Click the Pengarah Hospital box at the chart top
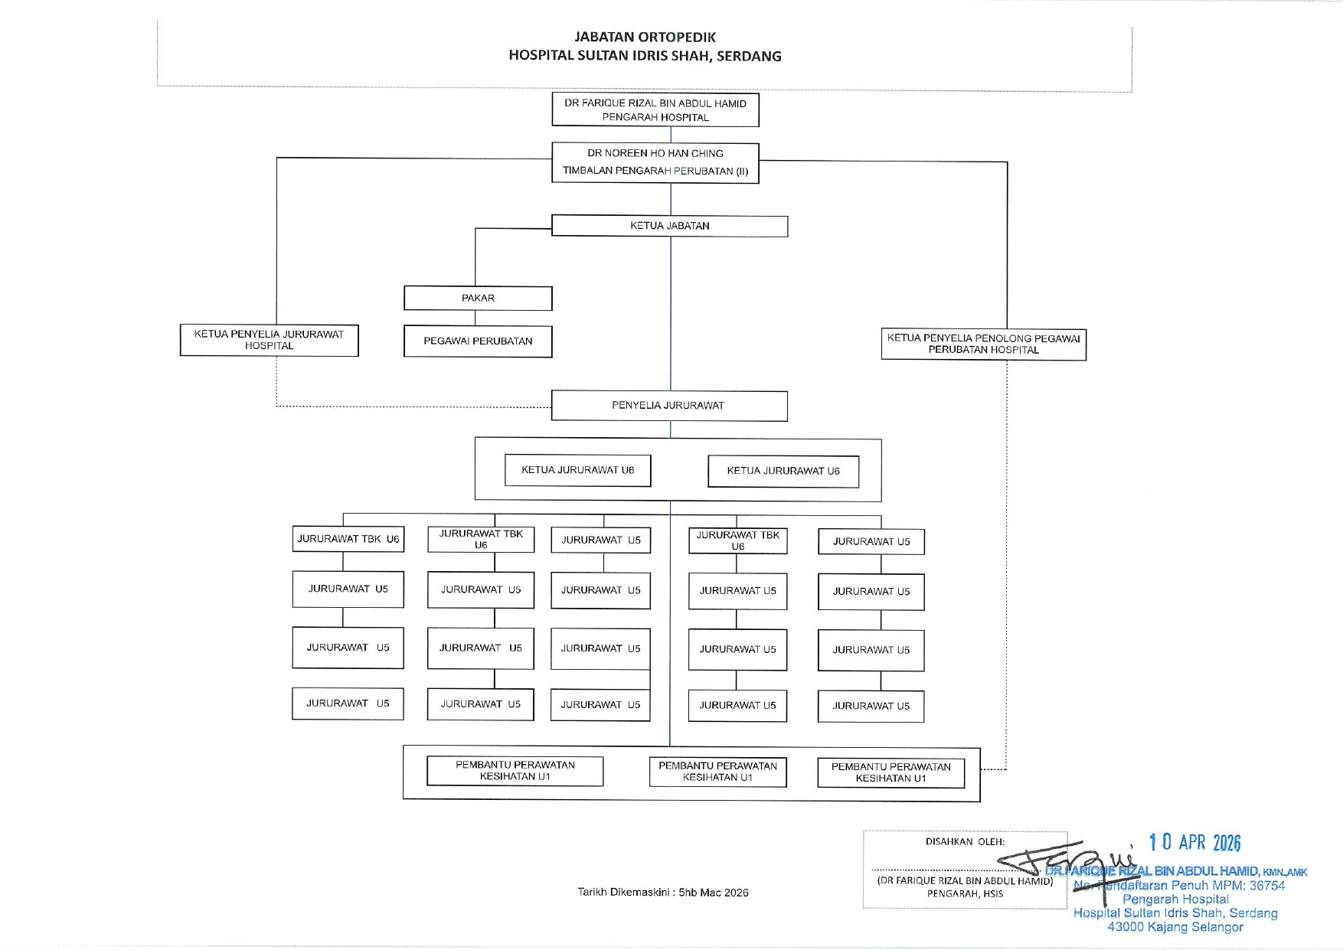point(655,110)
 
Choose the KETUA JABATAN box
point(670,226)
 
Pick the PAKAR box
point(478,299)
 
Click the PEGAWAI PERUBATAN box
point(478,341)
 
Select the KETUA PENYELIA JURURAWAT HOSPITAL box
point(269,340)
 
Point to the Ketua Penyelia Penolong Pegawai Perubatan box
point(983,344)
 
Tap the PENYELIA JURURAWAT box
point(668,406)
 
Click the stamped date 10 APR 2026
point(1194,843)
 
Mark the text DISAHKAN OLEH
point(965,842)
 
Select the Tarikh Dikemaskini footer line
point(663,893)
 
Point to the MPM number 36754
point(1267,886)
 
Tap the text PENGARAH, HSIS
point(965,894)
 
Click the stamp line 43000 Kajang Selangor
point(1175,927)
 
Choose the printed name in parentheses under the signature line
point(965,881)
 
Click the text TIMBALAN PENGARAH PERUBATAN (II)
point(655,171)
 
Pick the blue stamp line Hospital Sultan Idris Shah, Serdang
point(1175,913)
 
